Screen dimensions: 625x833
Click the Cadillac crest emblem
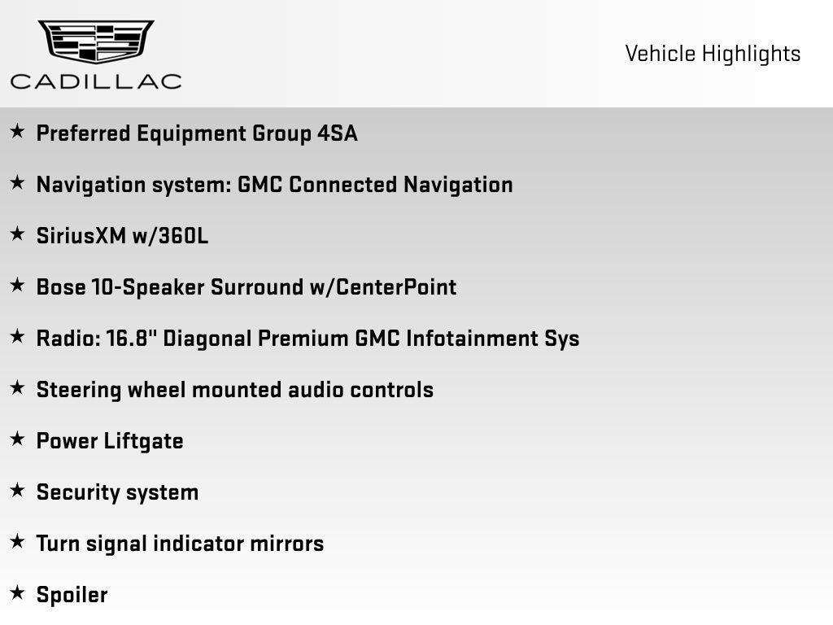point(96,42)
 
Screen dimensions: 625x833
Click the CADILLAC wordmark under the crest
point(96,81)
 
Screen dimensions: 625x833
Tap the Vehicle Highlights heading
point(713,54)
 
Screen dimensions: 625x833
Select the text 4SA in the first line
point(337,133)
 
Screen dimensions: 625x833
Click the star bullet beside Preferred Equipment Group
point(17,132)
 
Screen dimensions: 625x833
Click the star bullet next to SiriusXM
point(17,234)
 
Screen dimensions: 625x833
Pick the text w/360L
point(171,236)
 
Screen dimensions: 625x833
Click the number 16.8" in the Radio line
point(131,338)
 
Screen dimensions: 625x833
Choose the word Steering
point(78,390)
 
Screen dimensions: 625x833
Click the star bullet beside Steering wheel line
point(17,388)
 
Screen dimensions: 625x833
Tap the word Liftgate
point(144,441)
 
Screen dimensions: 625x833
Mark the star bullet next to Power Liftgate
point(17,439)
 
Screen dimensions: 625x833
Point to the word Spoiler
point(72,595)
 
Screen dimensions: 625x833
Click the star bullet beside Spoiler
point(17,593)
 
